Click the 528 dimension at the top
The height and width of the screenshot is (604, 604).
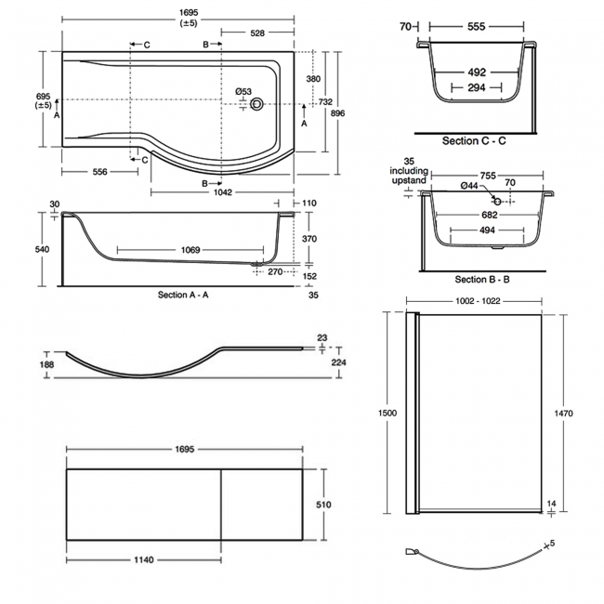256,33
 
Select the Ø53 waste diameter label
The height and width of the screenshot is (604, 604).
243,90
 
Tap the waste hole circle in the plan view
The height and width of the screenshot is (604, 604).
258,104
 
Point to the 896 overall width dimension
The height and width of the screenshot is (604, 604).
338,112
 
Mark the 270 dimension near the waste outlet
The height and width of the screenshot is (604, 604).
276,272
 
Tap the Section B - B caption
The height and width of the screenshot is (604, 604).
482,280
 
